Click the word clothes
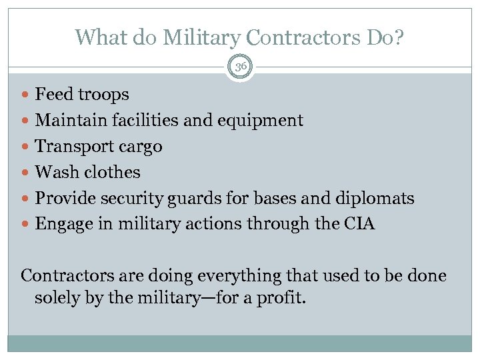click(x=113, y=172)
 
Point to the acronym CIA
click(x=361, y=224)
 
